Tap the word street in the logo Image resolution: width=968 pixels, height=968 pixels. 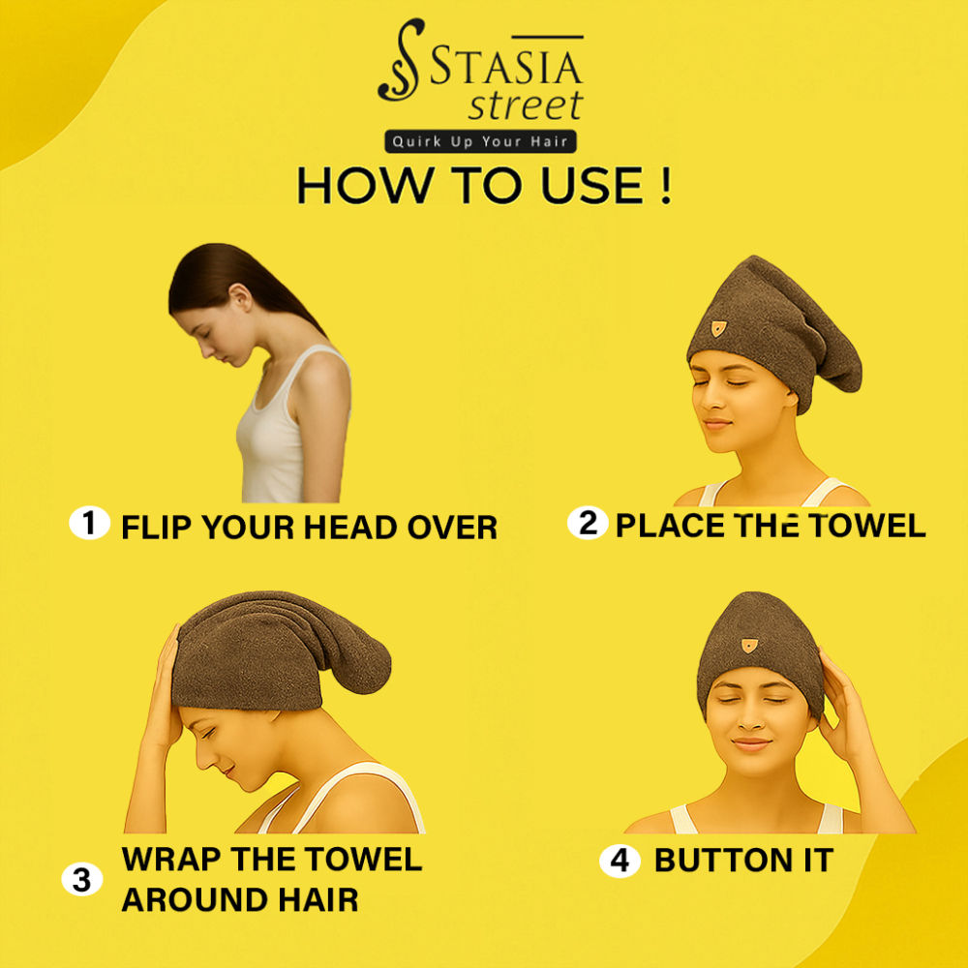(x=526, y=105)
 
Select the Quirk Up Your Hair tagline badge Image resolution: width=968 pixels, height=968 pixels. (x=480, y=141)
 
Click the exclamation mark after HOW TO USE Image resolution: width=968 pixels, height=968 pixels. (x=665, y=185)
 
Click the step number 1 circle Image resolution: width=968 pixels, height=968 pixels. (x=89, y=523)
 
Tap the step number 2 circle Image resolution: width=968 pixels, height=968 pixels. (x=588, y=523)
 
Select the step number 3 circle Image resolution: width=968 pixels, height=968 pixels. (x=81, y=879)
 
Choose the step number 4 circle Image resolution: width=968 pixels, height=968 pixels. (x=620, y=860)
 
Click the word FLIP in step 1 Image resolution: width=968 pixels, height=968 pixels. (x=157, y=528)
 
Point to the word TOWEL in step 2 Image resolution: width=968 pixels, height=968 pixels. (x=866, y=526)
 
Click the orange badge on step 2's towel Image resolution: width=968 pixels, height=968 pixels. (x=718, y=328)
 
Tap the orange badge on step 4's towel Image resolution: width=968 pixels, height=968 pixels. (x=749, y=645)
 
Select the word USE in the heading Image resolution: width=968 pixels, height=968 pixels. (x=592, y=185)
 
